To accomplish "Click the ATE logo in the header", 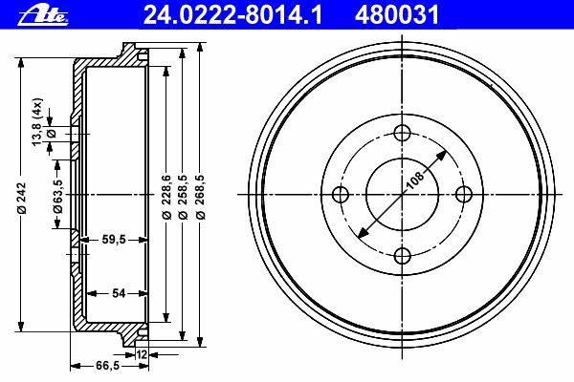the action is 43,15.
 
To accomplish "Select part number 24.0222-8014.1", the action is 232,15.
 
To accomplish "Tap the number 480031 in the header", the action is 397,15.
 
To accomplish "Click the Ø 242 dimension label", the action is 22,198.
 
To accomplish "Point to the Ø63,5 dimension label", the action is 57,196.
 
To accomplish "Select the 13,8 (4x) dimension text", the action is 37,121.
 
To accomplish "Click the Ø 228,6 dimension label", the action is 166,197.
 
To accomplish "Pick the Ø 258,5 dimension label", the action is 183,197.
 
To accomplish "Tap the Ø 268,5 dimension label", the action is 200,197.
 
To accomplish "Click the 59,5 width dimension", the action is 114,240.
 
